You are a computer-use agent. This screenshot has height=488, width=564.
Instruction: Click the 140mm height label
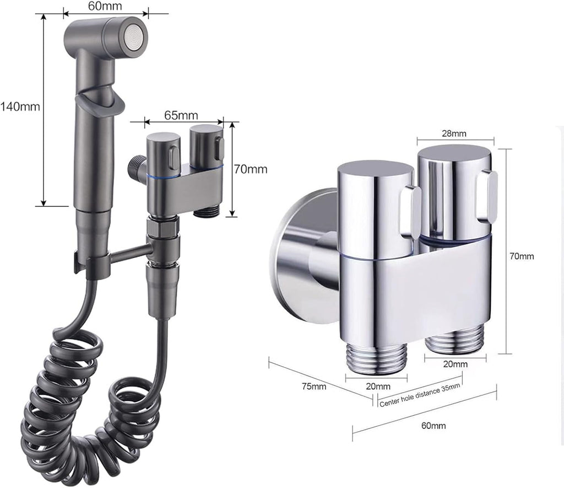pos(20,106)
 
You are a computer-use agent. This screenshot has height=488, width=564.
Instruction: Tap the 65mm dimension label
pos(181,115)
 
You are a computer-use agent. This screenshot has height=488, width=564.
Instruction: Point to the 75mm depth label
pos(314,386)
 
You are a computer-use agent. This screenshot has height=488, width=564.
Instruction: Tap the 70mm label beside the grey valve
pos(251,169)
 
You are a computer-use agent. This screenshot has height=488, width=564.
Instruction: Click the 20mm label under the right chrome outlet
pos(455,364)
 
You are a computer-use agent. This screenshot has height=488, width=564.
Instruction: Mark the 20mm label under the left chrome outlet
pos(378,386)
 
